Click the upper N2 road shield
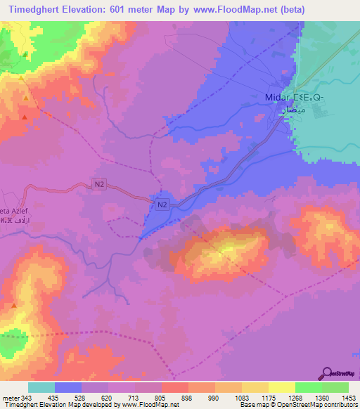click(100, 185)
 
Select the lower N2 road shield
click(162, 204)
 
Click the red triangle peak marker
click(25, 117)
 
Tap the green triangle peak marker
click(25, 54)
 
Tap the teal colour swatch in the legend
click(41, 387)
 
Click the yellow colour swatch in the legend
click(281, 387)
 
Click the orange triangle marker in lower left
click(13, 306)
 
